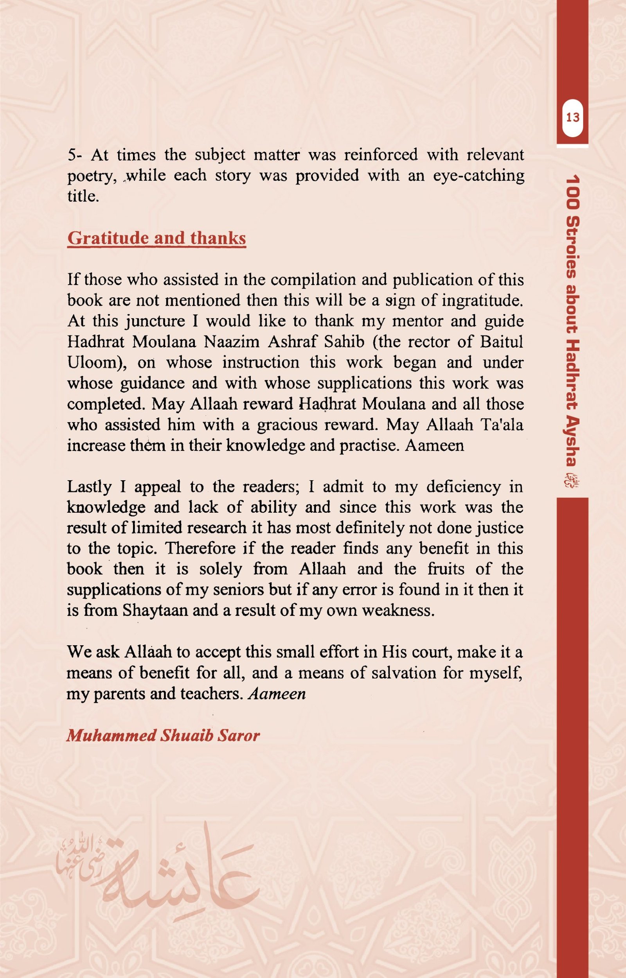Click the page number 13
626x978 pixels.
pyautogui.click(x=572, y=118)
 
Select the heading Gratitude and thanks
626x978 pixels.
pyautogui.click(x=156, y=239)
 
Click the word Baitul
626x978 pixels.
pyautogui.click(x=501, y=342)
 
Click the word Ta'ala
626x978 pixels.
pyautogui.click(x=502, y=425)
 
